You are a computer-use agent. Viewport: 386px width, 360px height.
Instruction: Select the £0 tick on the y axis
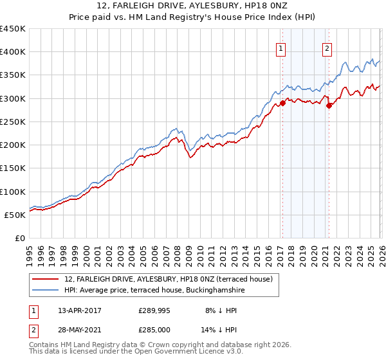pyautogui.click(x=21, y=238)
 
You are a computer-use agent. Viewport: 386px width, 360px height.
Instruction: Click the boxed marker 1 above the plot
pyautogui.click(x=282, y=48)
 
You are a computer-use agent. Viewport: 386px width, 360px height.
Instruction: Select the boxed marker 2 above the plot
pyautogui.click(x=327, y=48)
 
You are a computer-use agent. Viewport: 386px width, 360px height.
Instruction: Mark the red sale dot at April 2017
pyautogui.click(x=282, y=103)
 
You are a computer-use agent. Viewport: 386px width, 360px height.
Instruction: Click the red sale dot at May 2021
pyautogui.click(x=329, y=105)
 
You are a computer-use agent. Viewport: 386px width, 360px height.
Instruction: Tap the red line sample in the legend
pyautogui.click(x=46, y=279)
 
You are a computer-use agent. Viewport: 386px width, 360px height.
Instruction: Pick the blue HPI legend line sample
pyautogui.click(x=46, y=291)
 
